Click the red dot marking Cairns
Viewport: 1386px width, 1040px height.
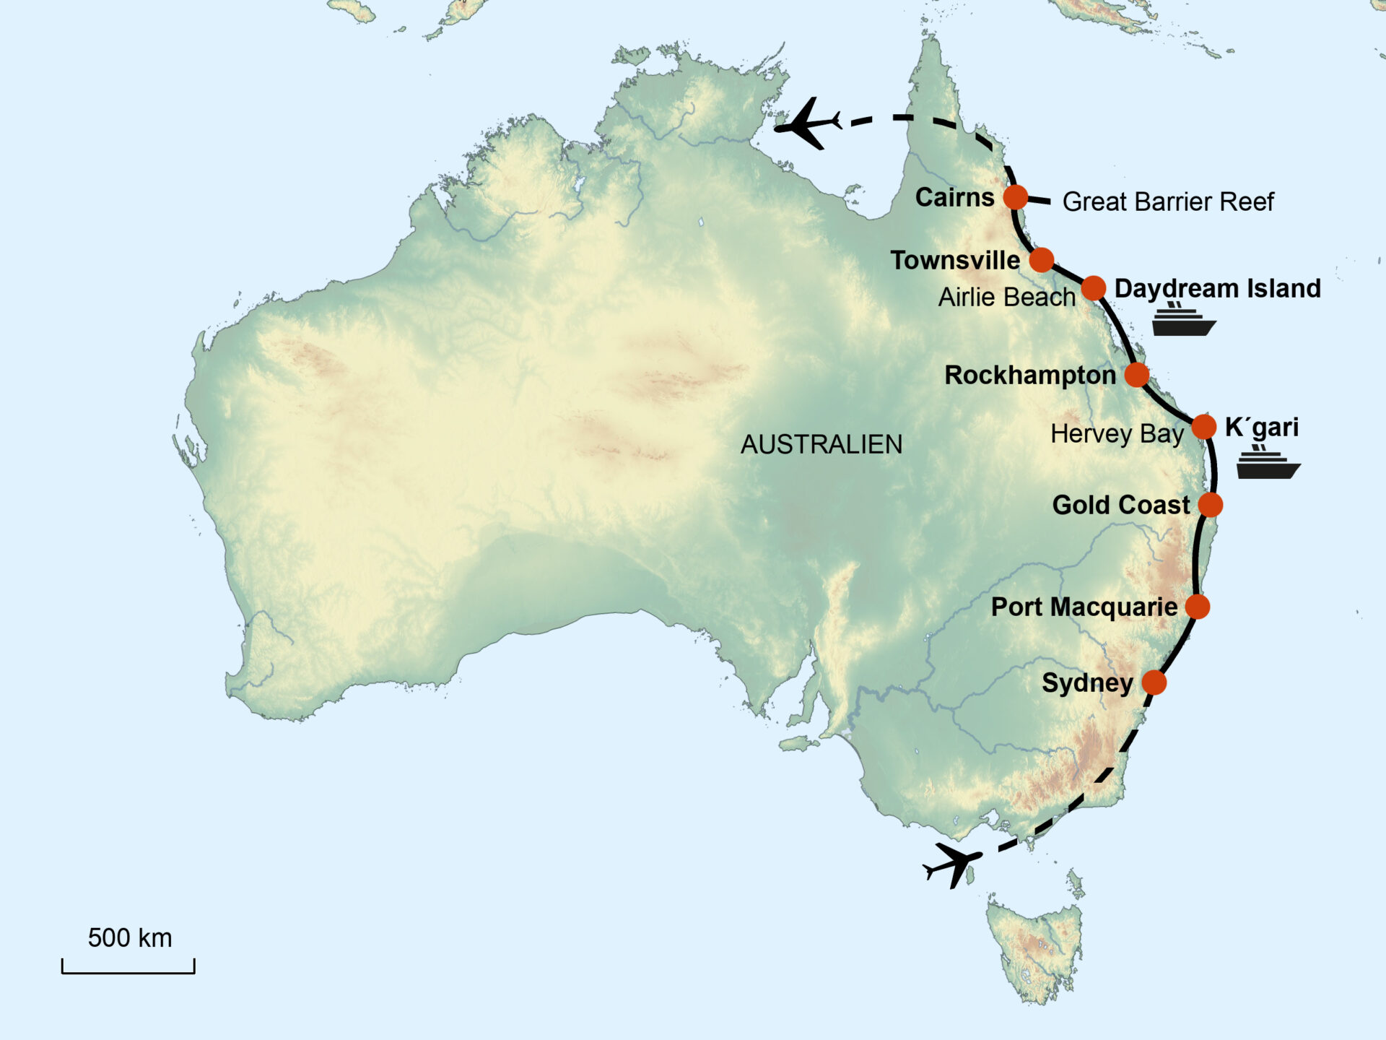click(1016, 196)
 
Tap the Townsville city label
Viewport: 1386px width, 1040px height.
click(955, 260)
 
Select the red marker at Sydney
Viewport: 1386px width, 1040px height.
click(1154, 682)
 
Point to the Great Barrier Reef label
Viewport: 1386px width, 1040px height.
click(1167, 201)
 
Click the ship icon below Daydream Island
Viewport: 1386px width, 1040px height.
click(1182, 320)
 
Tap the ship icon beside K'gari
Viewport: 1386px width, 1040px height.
click(1268, 463)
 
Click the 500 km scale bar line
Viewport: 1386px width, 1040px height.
click(128, 971)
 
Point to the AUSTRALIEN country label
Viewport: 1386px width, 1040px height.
click(821, 444)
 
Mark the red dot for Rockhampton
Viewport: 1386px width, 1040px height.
click(1136, 375)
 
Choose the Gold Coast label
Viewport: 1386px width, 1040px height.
click(1120, 505)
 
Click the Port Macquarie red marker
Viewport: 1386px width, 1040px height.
click(1197, 607)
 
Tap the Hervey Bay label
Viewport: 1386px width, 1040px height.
click(1117, 434)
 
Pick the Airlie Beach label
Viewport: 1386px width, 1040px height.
click(1006, 297)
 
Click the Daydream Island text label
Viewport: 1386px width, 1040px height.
click(1217, 288)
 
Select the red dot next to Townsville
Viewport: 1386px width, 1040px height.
click(1042, 260)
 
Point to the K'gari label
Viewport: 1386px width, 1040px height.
click(1261, 428)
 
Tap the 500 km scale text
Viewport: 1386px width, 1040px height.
click(130, 937)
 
